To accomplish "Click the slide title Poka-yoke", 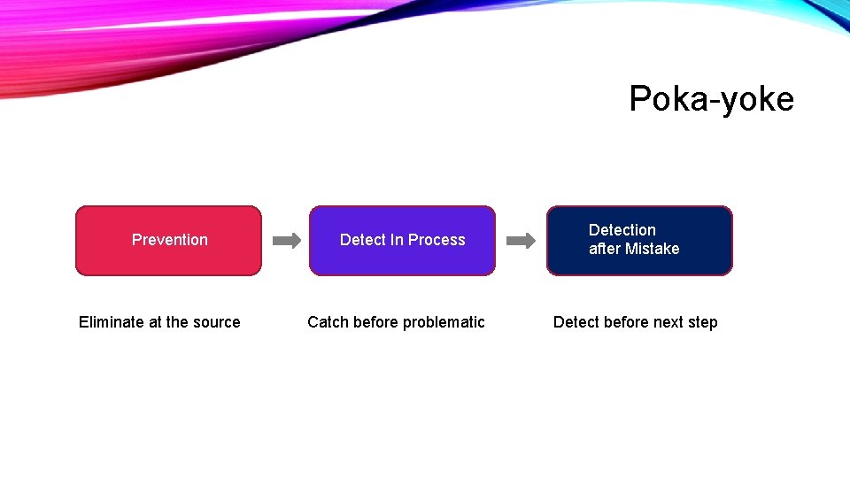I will click(711, 98).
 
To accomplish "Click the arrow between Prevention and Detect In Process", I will click(286, 240).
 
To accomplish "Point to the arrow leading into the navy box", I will click(521, 240).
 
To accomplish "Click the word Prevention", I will click(169, 240).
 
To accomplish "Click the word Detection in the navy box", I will click(622, 230).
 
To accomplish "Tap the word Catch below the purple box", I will click(328, 322).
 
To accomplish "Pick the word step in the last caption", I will click(702, 322).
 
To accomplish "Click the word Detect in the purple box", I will click(362, 240).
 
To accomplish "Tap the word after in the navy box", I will click(605, 249).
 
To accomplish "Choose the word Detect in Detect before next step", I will click(576, 322).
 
